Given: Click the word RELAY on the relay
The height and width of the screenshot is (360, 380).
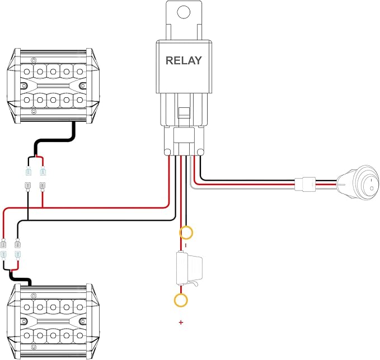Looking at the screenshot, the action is coord(184,60).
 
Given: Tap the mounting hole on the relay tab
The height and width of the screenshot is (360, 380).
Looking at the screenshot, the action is coord(184,12).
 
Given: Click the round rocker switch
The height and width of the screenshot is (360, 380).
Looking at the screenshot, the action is coord(358,183).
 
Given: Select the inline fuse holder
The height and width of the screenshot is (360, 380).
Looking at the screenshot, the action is coord(189,268).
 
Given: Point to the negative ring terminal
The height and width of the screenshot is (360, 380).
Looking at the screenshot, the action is coord(186,233).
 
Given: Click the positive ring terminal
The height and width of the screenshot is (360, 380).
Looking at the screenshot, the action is coord(181,300).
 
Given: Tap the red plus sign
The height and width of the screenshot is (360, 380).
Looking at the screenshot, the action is coord(181,323).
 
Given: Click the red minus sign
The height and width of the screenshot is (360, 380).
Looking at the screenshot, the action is coord(186,245).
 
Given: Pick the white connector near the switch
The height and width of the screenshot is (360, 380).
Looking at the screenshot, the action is coord(305,184).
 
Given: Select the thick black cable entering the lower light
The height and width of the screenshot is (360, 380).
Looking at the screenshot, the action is coord(20,279).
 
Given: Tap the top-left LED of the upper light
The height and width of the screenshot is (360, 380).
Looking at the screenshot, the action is coord(27,72).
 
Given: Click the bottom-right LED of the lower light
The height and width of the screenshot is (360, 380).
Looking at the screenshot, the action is coord(79,335).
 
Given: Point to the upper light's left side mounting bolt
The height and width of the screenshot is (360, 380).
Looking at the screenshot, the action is coord(24,86).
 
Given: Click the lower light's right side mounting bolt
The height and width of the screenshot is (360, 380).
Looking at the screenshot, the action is coord(83,321).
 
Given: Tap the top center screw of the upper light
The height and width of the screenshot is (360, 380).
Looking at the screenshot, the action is coord(34,60).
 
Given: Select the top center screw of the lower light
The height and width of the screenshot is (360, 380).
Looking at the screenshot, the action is coord(34,296).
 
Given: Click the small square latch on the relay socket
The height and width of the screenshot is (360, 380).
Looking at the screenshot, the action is coord(184,112).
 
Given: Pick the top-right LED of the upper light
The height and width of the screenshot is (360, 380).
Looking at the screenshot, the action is coord(79,72).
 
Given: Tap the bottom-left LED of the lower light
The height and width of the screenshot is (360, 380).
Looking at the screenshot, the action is coord(27,335).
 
